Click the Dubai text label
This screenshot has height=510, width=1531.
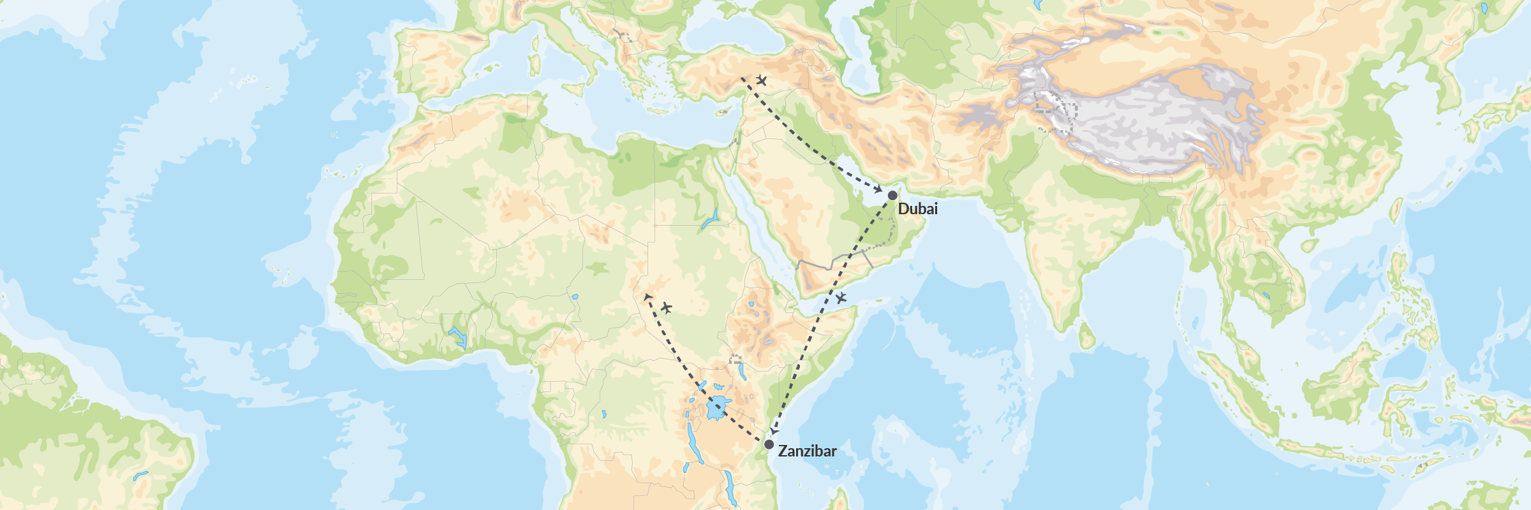(x=917, y=208)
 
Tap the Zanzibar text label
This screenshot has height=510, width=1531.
(x=807, y=451)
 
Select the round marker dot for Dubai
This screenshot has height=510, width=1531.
(x=892, y=195)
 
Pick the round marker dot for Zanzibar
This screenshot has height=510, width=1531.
(x=769, y=444)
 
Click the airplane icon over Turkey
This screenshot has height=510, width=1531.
(x=761, y=80)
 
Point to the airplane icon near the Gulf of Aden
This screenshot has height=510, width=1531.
(x=841, y=297)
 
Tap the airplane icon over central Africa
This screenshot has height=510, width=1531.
(x=666, y=308)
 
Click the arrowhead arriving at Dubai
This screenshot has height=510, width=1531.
(x=878, y=190)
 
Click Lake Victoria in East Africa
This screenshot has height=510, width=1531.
(x=718, y=407)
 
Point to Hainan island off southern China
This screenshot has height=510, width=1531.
(x=1309, y=245)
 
